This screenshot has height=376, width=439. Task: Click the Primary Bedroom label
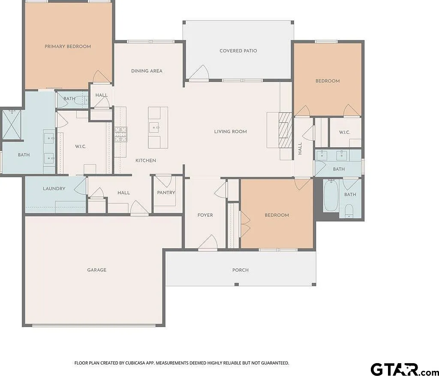68,46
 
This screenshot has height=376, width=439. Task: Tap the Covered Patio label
238,51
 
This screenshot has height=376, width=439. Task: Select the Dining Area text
147,71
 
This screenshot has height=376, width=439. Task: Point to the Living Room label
230,131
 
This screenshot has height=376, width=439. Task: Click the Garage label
96,270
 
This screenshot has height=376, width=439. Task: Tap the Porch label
241,270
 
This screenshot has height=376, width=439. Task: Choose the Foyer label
205,215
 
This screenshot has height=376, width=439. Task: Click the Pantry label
166,193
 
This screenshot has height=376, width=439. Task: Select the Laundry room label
54,189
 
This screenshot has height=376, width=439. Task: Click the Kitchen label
146,161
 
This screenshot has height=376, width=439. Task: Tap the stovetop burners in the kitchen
120,134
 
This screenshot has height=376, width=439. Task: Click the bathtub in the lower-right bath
331,196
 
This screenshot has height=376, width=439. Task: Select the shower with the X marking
12,125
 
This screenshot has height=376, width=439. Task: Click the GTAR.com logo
405,369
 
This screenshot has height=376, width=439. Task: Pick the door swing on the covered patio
199,73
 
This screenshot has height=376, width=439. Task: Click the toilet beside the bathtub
349,211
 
